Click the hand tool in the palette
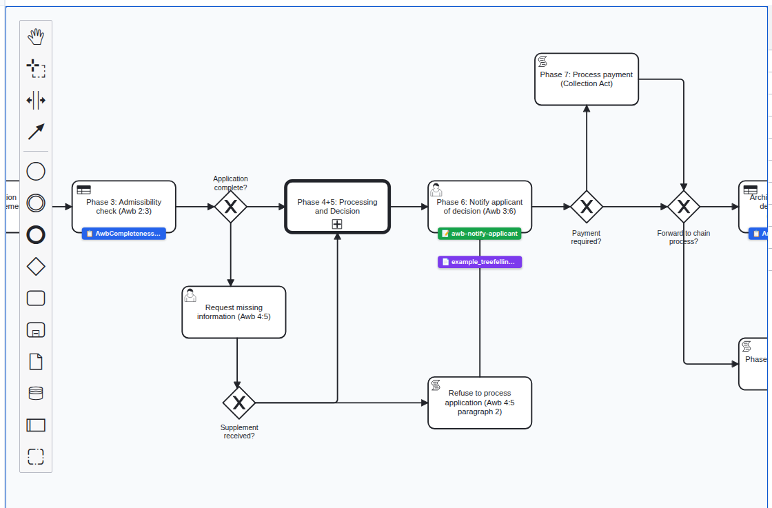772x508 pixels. tap(36, 37)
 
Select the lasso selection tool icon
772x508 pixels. tap(36, 69)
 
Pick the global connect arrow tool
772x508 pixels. tap(36, 132)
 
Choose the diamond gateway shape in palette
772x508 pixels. tap(36, 266)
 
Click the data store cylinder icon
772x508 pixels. tap(36, 393)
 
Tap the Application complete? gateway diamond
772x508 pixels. tap(230, 207)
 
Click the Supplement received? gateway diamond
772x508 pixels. tap(239, 403)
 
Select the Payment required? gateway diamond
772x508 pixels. tap(587, 207)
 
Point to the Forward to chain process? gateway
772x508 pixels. tap(684, 207)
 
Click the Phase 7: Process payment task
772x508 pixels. tap(587, 79)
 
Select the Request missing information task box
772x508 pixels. tap(234, 312)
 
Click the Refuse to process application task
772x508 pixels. tap(480, 403)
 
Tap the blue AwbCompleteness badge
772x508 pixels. tap(123, 234)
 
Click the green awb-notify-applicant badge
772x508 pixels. tap(480, 234)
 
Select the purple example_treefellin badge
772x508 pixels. tap(480, 262)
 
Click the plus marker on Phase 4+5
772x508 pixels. tap(337, 224)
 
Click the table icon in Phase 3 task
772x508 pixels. tap(84, 190)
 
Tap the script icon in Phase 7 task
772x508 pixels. tap(543, 62)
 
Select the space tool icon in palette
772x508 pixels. tap(36, 101)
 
